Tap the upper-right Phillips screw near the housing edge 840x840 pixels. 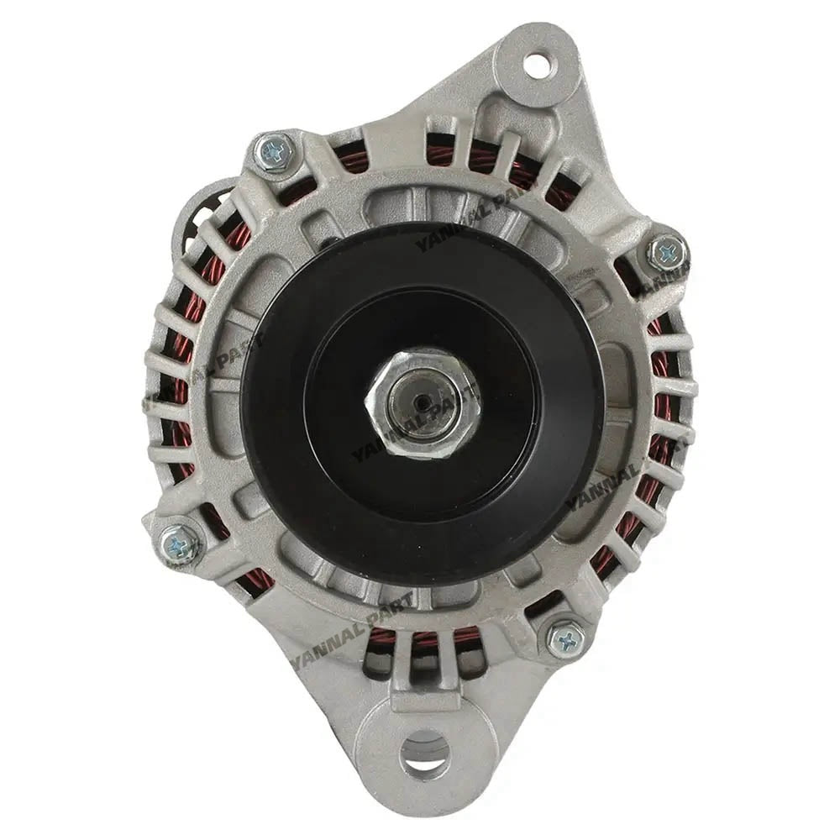(x=668, y=251)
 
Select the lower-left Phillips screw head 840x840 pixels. (x=180, y=543)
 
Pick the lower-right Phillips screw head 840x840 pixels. (x=565, y=639)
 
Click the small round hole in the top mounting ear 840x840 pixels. (x=535, y=64)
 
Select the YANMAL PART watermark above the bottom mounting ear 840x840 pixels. (x=353, y=630)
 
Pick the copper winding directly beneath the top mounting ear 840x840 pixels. (x=487, y=155)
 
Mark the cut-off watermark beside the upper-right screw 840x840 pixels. (x=664, y=281)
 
